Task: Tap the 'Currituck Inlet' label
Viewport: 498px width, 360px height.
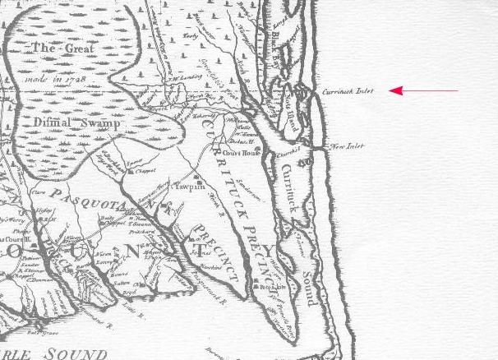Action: (346, 91)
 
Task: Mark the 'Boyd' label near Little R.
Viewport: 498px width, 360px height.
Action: (128, 291)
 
